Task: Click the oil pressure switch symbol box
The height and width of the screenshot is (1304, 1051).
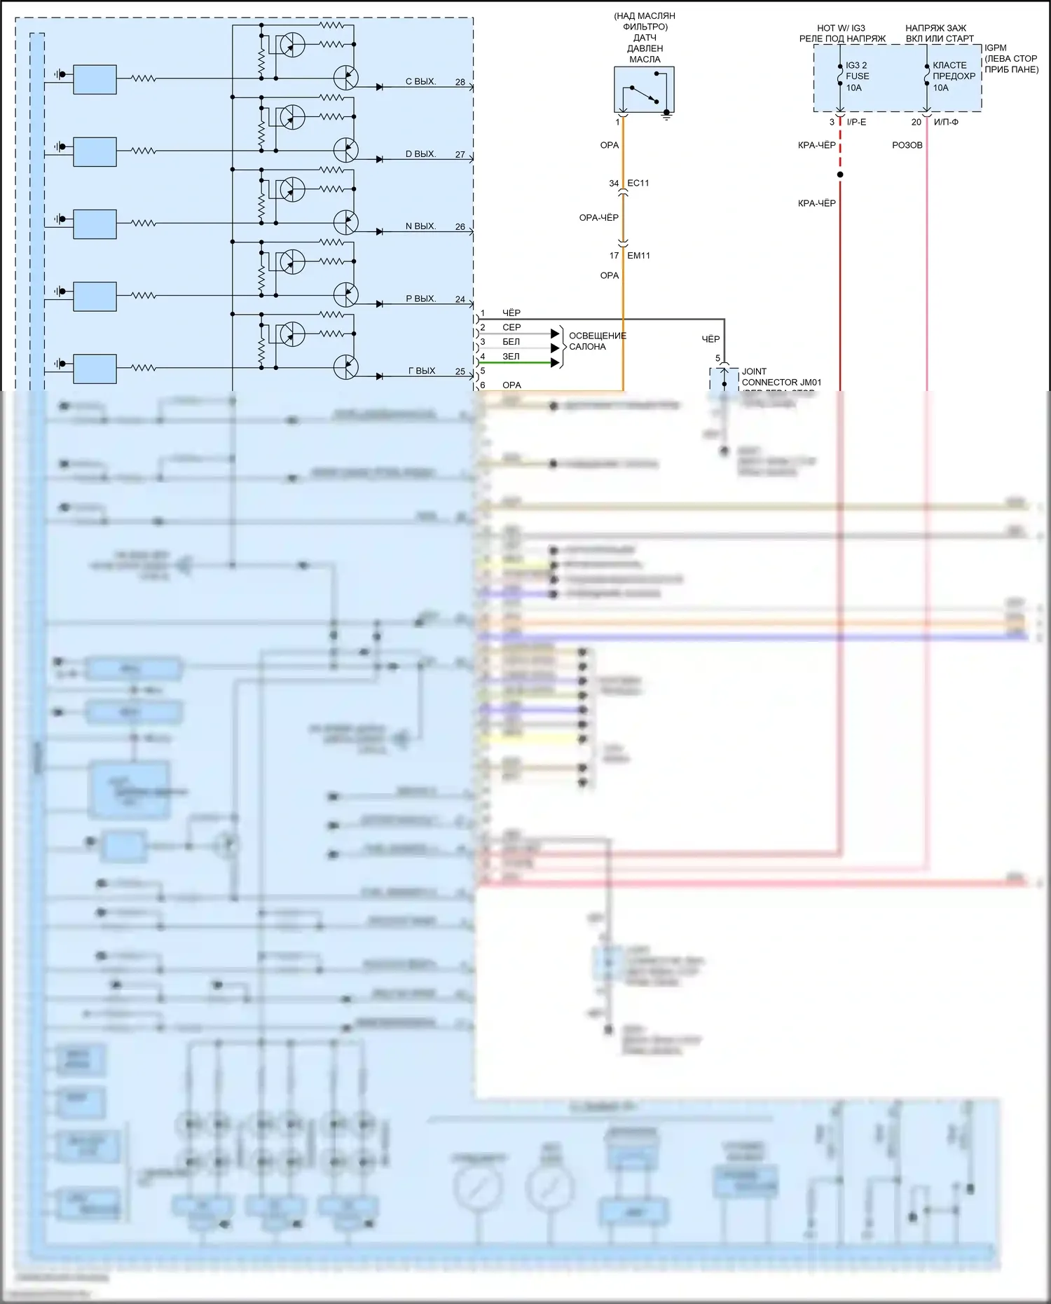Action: [x=644, y=89]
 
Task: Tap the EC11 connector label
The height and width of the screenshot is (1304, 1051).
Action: [x=638, y=183]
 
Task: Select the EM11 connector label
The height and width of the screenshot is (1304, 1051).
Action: [x=638, y=256]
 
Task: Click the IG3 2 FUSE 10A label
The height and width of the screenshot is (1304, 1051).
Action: [x=857, y=76]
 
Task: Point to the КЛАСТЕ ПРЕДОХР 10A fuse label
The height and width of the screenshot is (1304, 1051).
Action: [x=954, y=76]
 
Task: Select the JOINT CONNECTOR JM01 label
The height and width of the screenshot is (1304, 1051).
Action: [x=781, y=377]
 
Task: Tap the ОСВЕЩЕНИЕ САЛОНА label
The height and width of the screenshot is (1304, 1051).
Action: [x=597, y=341]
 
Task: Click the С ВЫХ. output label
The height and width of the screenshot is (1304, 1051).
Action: [x=420, y=82]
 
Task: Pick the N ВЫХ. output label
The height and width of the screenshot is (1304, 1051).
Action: [x=420, y=226]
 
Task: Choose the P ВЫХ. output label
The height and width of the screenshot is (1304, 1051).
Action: [x=420, y=299]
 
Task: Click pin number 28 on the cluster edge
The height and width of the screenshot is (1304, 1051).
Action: [x=460, y=82]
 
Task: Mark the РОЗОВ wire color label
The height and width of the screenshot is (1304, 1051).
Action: [x=907, y=145]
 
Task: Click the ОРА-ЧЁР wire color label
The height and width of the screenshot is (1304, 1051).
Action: [x=598, y=218]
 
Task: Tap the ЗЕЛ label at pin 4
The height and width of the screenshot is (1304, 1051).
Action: [x=511, y=357]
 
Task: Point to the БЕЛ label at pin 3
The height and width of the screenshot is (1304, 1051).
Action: [x=511, y=342]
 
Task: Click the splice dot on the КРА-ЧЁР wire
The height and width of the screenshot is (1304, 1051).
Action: [x=840, y=174]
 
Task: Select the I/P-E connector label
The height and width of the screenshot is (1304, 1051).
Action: [x=856, y=122]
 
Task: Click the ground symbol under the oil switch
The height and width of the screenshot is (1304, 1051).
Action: [x=667, y=116]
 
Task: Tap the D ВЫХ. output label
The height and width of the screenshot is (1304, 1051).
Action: [x=420, y=154]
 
